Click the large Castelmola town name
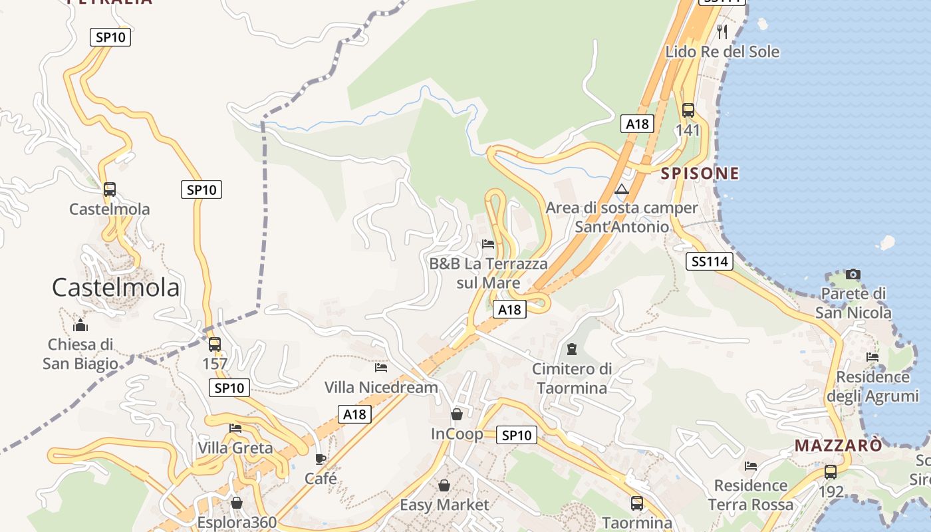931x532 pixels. point(116,287)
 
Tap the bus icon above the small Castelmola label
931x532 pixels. point(110,190)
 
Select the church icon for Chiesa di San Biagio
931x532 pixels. point(80,325)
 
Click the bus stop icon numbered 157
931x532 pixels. point(214,344)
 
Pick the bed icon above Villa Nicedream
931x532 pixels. point(381,367)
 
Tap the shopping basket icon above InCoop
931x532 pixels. point(457,414)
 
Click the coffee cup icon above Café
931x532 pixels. point(321,459)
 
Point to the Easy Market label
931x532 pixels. point(444,505)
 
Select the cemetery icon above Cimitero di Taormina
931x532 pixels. point(571,348)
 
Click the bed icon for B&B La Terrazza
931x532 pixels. point(488,244)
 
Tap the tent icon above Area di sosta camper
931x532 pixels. point(622,190)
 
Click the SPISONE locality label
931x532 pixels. point(700,174)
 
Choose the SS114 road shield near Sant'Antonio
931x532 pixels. point(710,261)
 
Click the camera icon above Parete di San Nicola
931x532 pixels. point(853,274)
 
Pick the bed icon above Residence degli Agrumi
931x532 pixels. point(872,357)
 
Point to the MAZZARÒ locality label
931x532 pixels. point(839,446)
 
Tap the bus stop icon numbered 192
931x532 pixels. point(831,472)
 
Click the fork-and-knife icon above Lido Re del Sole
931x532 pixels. point(722,31)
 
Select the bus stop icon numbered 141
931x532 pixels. point(688,110)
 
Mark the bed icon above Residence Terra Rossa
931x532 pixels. point(751,466)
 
